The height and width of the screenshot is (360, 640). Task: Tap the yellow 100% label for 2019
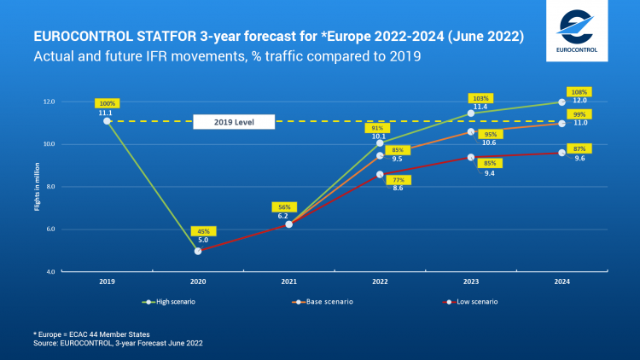[108, 102]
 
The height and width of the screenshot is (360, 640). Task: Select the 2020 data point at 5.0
[198, 251]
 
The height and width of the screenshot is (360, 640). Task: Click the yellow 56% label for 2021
[285, 206]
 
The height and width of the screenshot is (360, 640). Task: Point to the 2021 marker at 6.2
[288, 224]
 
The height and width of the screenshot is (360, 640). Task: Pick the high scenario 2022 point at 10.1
[380, 142]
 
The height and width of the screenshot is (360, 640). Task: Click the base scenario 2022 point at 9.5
[380, 155]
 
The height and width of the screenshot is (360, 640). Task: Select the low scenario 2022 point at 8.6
[380, 174]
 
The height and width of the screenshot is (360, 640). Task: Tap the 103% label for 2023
[481, 98]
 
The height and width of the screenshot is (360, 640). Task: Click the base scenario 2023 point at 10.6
[470, 131]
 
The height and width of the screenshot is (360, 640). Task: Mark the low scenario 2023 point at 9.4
[470, 157]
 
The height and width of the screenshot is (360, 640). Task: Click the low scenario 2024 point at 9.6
[561, 153]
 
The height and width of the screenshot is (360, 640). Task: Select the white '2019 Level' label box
[233, 122]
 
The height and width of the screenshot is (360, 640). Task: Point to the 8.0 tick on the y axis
[50, 186]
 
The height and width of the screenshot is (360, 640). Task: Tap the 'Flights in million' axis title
[38, 186]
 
